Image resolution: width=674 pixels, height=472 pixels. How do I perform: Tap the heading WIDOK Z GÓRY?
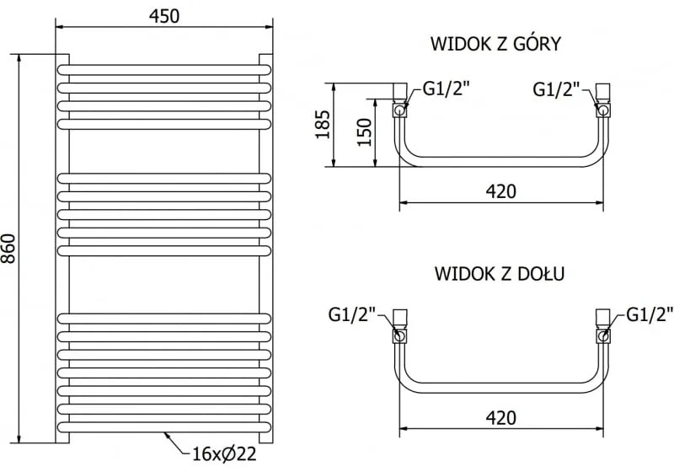(495, 43)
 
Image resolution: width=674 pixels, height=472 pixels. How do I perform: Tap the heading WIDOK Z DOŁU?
(500, 273)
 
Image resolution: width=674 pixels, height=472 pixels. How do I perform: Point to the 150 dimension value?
(363, 131)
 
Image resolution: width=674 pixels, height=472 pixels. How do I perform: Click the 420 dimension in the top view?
(500, 191)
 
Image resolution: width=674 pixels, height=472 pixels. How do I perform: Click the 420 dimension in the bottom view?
(500, 416)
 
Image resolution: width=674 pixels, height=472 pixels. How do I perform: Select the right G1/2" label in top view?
(557, 88)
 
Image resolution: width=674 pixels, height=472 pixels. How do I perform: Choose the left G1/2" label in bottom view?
(352, 315)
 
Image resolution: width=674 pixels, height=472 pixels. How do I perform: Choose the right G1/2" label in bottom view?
(650, 315)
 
